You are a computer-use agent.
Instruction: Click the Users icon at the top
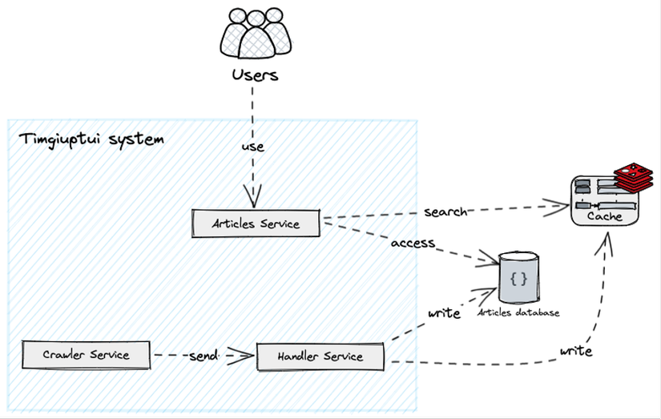pos(255,34)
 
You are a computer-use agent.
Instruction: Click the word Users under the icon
pos(255,75)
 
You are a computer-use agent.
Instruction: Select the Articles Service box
pos(256,224)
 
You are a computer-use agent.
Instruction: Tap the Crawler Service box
pos(87,354)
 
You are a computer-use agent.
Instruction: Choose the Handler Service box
pos(320,357)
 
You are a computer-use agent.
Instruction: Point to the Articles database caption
pos(518,312)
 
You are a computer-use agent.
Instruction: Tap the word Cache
pos(604,217)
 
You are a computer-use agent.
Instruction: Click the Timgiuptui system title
pos(91,139)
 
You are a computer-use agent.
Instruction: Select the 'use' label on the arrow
pos(253,147)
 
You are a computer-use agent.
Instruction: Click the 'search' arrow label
pos(445,212)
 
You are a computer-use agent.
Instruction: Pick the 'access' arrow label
pos(413,243)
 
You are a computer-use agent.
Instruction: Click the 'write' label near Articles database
pos(444,312)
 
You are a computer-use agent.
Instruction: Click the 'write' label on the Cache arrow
pos(576,351)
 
